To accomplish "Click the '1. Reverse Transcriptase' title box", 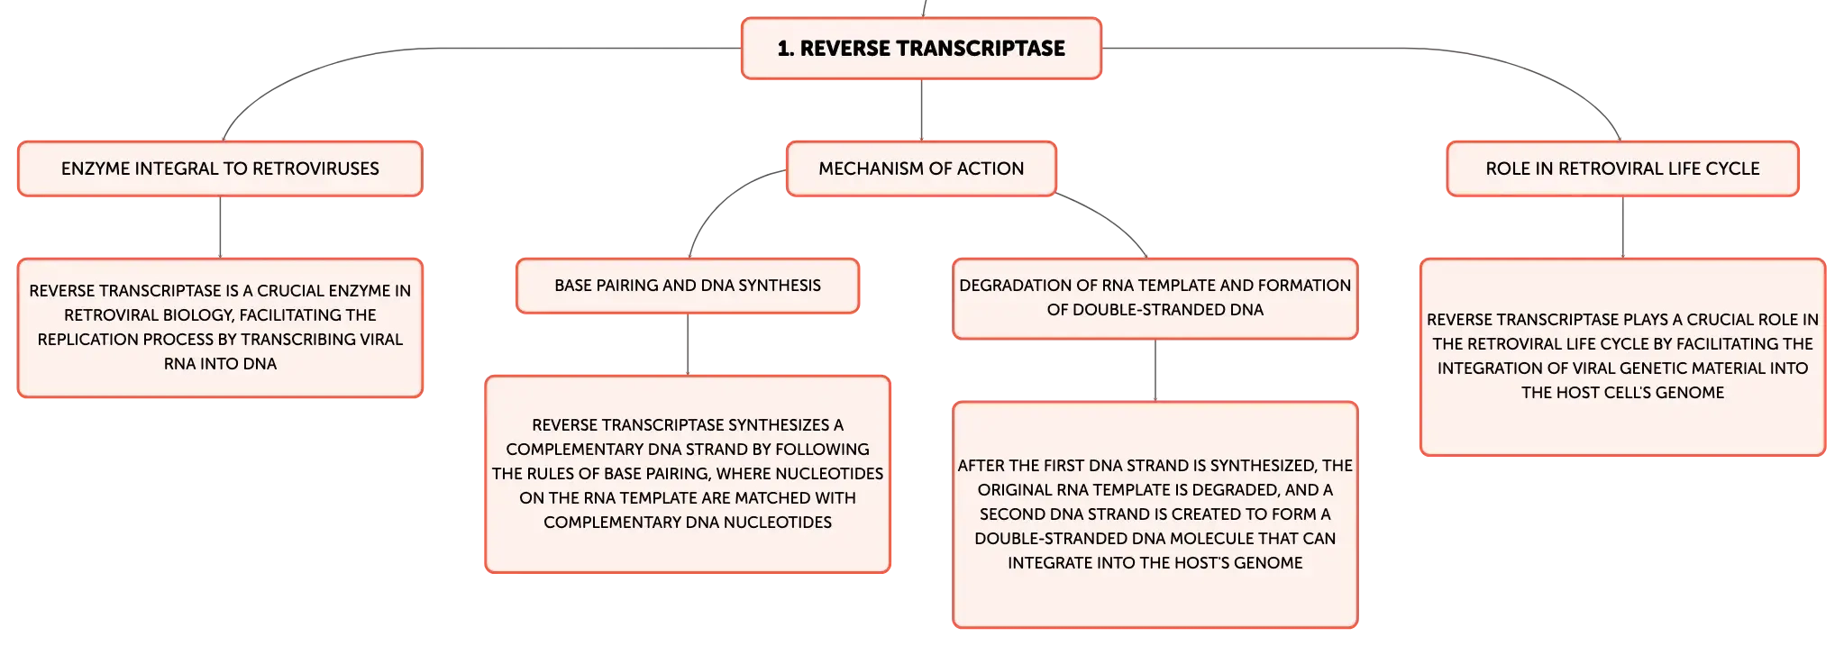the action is coord(921,49).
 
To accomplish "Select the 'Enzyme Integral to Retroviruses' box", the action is coord(220,168).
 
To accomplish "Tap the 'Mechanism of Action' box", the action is coord(921,168).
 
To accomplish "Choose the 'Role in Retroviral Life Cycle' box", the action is coord(1622,168).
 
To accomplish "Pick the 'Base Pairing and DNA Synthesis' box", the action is coord(688,286).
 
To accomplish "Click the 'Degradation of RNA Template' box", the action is coord(1155,298).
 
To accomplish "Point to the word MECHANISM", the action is coord(870,168).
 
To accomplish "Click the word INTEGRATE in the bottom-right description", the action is coord(1045,563).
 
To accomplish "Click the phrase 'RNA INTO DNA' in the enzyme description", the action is coord(220,364).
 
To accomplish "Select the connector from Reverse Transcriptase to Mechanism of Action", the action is coord(921,110).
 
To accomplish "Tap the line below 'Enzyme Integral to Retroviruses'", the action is coord(220,227).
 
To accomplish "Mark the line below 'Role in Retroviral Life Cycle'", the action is coord(1622,227).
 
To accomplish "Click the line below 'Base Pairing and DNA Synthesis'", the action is coord(688,344).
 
